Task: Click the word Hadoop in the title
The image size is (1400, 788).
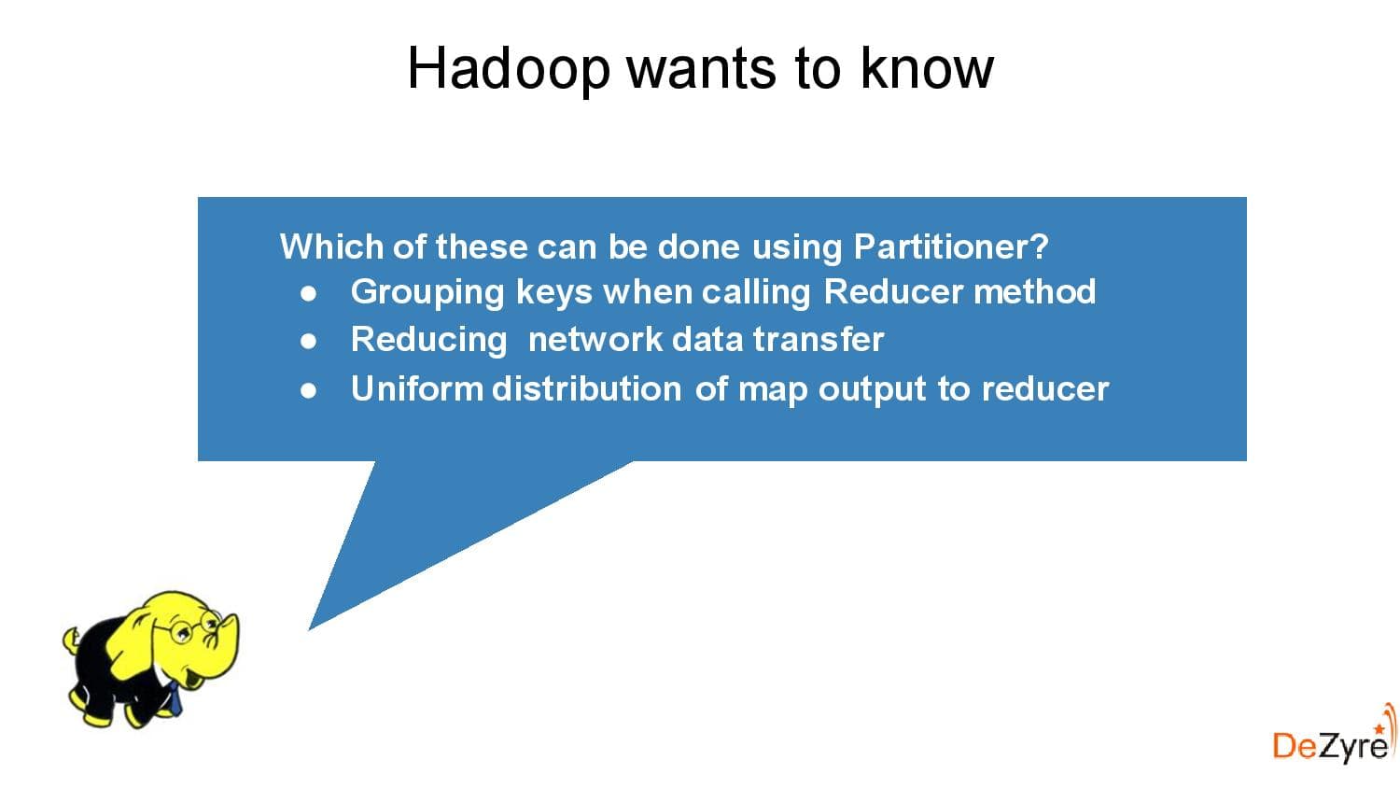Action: tap(508, 68)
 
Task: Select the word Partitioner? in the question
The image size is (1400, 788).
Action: tap(951, 246)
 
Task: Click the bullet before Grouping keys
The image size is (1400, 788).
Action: tap(309, 293)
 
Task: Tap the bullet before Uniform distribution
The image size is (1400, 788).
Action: tap(309, 390)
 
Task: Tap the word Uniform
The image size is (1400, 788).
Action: tap(416, 388)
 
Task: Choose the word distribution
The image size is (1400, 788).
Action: tap(586, 388)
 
